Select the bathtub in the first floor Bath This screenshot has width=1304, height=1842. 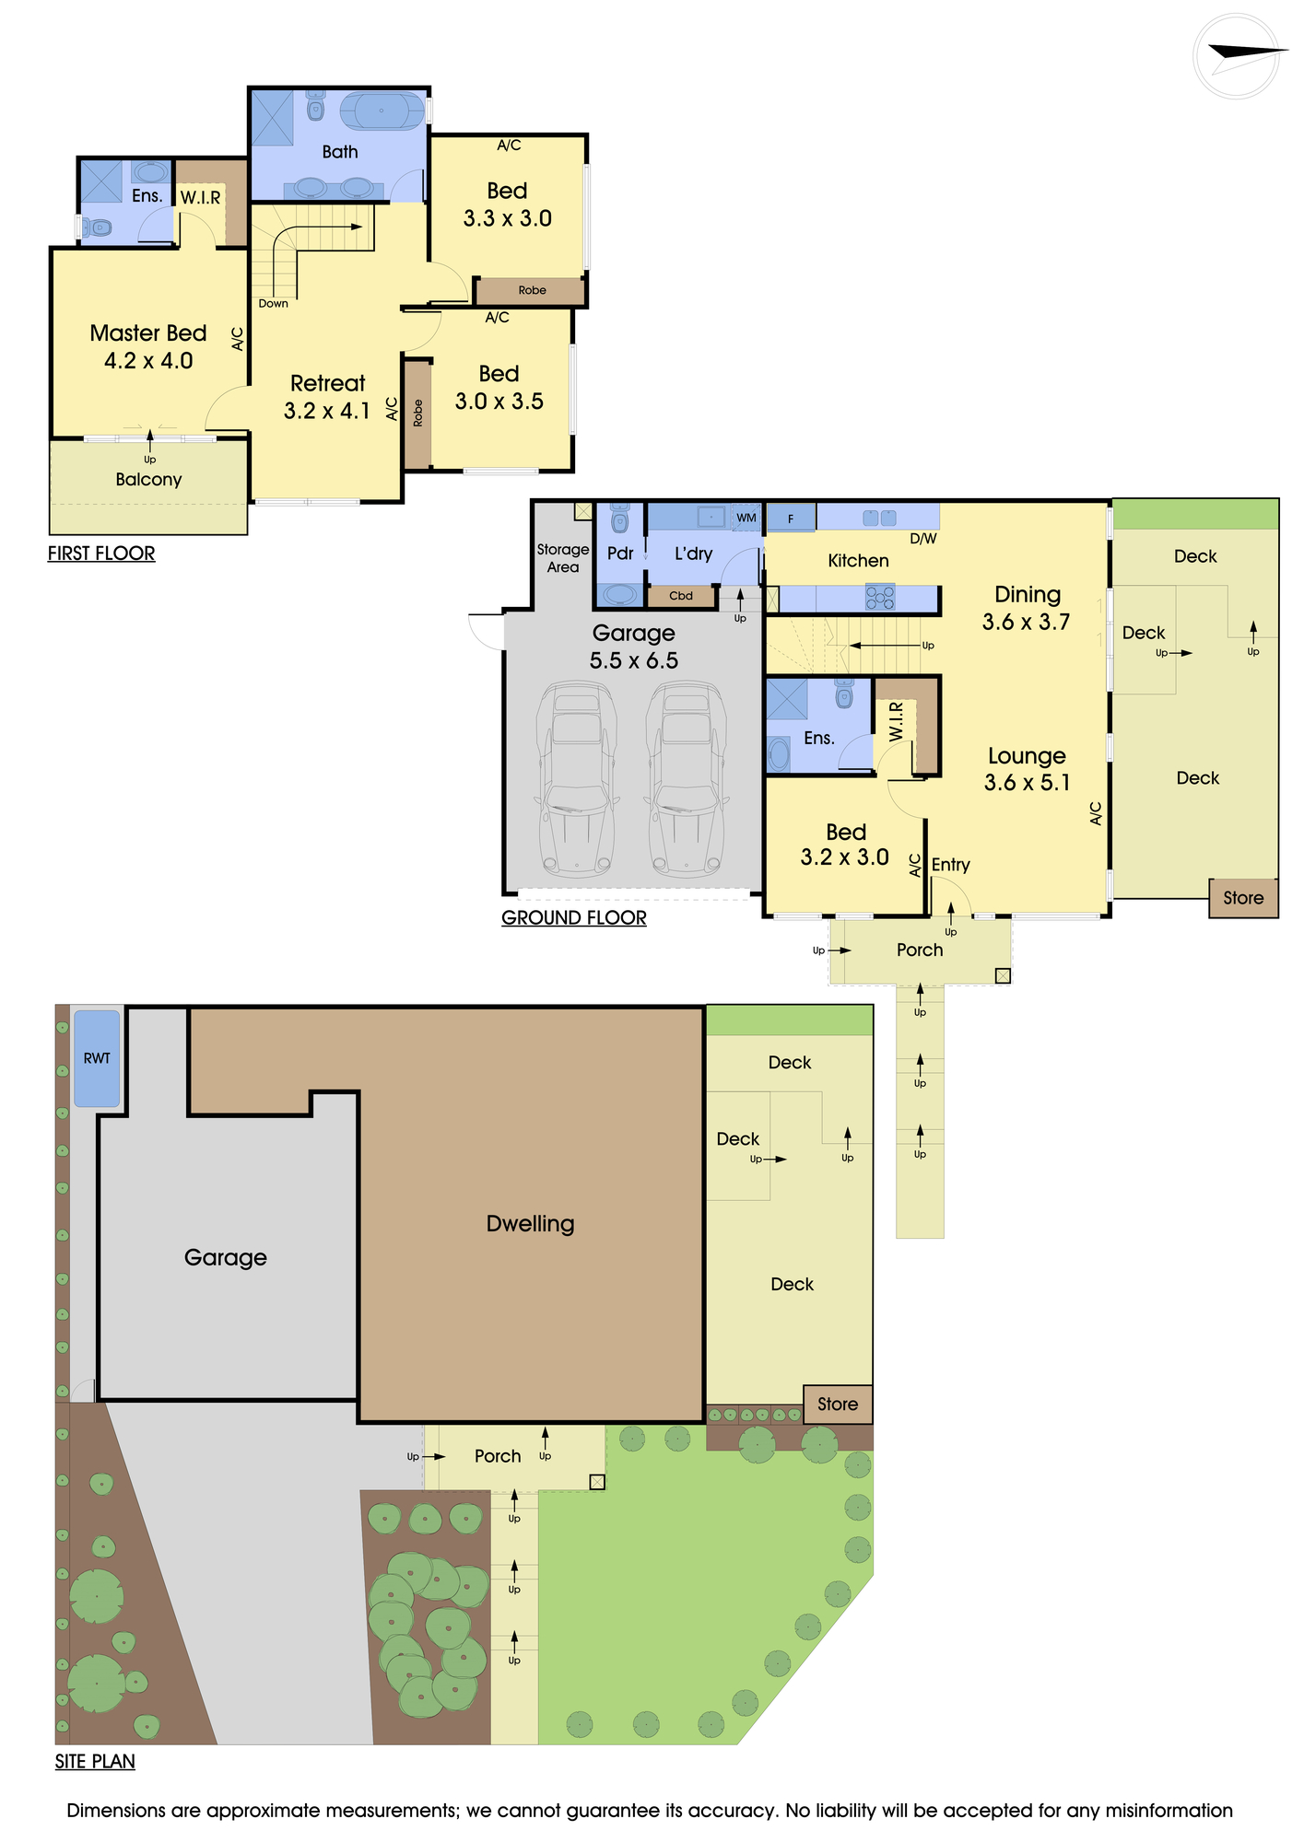(x=382, y=111)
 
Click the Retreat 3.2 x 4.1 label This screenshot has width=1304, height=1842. (x=328, y=397)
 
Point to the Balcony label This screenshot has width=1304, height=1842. (x=148, y=480)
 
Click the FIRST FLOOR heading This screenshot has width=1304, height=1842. (x=101, y=554)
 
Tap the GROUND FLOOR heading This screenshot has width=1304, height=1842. (x=574, y=918)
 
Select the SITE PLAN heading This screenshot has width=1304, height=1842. (x=95, y=1762)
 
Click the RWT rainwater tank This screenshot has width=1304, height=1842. (x=97, y=1058)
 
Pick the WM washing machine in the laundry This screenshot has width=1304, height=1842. (x=746, y=518)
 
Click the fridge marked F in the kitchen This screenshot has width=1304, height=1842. (x=791, y=519)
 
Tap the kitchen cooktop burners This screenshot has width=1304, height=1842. (x=880, y=600)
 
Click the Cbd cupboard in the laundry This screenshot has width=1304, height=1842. (x=681, y=596)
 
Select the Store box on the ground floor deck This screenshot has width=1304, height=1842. (x=1243, y=898)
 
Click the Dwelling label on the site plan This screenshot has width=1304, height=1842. (x=530, y=1224)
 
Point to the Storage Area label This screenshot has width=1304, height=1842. (x=563, y=558)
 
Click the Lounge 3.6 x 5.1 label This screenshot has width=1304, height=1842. (x=1027, y=769)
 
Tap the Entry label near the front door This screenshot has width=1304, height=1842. (x=950, y=865)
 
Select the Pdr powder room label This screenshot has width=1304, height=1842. (x=620, y=554)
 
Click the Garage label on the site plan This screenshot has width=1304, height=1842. (x=226, y=1258)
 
